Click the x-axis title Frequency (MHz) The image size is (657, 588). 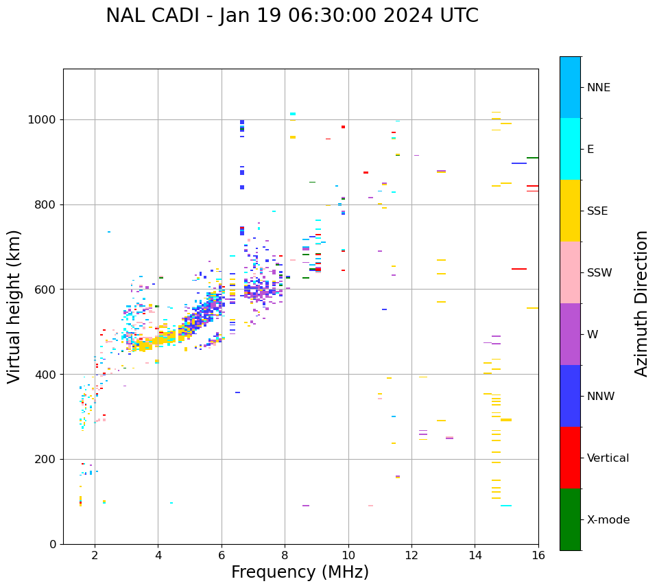[x=300, y=572]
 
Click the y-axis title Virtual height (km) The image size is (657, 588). [x=14, y=306]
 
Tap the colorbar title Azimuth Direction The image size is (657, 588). [x=641, y=303]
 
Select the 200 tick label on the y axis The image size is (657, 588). [x=47, y=460]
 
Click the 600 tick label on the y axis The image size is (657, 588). [x=47, y=290]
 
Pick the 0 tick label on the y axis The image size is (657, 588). [x=53, y=544]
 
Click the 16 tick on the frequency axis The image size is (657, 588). [x=538, y=554]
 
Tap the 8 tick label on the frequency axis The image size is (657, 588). [x=285, y=554]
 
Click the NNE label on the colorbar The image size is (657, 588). [x=598, y=88]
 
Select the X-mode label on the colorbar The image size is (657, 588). [x=608, y=520]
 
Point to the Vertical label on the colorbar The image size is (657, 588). [x=608, y=458]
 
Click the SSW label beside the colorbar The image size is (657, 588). [x=599, y=273]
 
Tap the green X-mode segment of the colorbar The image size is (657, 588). [x=570, y=519]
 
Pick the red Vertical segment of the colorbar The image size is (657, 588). [x=570, y=458]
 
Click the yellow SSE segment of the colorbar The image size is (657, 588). [x=570, y=211]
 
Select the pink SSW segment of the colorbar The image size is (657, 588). [x=570, y=272]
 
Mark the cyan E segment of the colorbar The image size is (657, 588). [x=570, y=149]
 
